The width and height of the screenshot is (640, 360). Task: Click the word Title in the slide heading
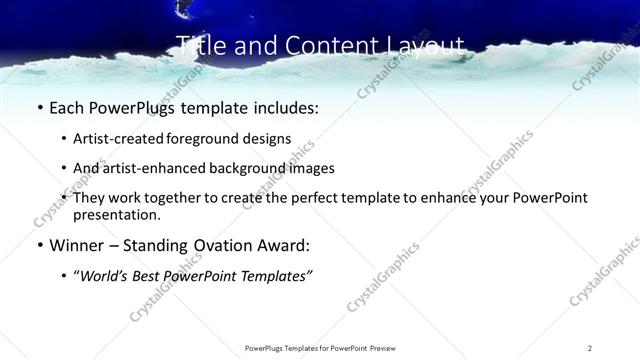199,46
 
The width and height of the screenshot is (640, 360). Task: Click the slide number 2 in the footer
589,348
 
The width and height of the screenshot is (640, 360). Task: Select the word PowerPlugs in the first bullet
127,107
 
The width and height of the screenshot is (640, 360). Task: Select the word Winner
76,245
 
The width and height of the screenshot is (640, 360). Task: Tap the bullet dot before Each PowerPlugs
39,108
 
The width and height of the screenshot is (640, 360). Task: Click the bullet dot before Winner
39,246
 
